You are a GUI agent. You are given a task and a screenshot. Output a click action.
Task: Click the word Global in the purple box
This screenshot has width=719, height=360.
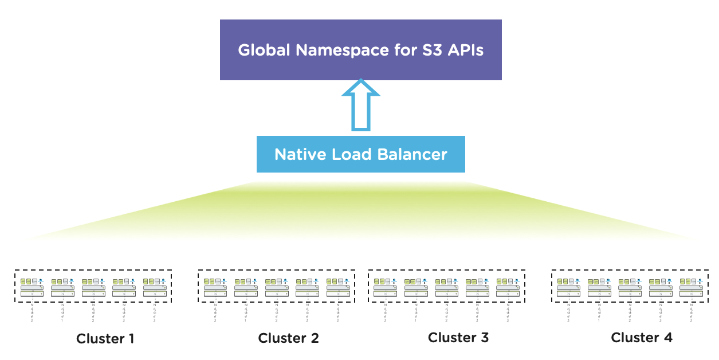tap(264, 50)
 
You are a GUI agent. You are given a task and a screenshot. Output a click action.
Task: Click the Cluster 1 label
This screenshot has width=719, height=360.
tap(105, 339)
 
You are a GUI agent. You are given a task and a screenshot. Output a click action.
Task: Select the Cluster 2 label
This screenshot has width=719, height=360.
tap(288, 338)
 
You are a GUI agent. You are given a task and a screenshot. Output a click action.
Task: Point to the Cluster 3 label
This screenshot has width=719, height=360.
tap(458, 338)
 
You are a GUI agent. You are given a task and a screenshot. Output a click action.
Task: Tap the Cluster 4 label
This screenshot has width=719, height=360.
tap(642, 338)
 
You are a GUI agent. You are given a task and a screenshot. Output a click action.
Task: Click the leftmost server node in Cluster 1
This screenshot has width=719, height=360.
tap(32, 287)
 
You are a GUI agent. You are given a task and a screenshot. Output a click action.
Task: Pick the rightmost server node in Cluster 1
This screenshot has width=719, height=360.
tap(154, 287)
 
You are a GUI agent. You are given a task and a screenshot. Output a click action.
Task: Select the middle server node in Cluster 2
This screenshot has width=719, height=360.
tap(277, 287)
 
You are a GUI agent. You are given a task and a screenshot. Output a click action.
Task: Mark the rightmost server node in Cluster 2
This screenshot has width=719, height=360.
tap(337, 287)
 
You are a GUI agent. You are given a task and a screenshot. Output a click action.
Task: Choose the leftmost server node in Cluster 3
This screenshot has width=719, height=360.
tap(385, 287)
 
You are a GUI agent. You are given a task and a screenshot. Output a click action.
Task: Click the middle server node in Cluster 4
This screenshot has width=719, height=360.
tap(630, 287)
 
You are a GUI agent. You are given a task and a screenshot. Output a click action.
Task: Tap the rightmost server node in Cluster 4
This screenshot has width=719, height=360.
tap(690, 287)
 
